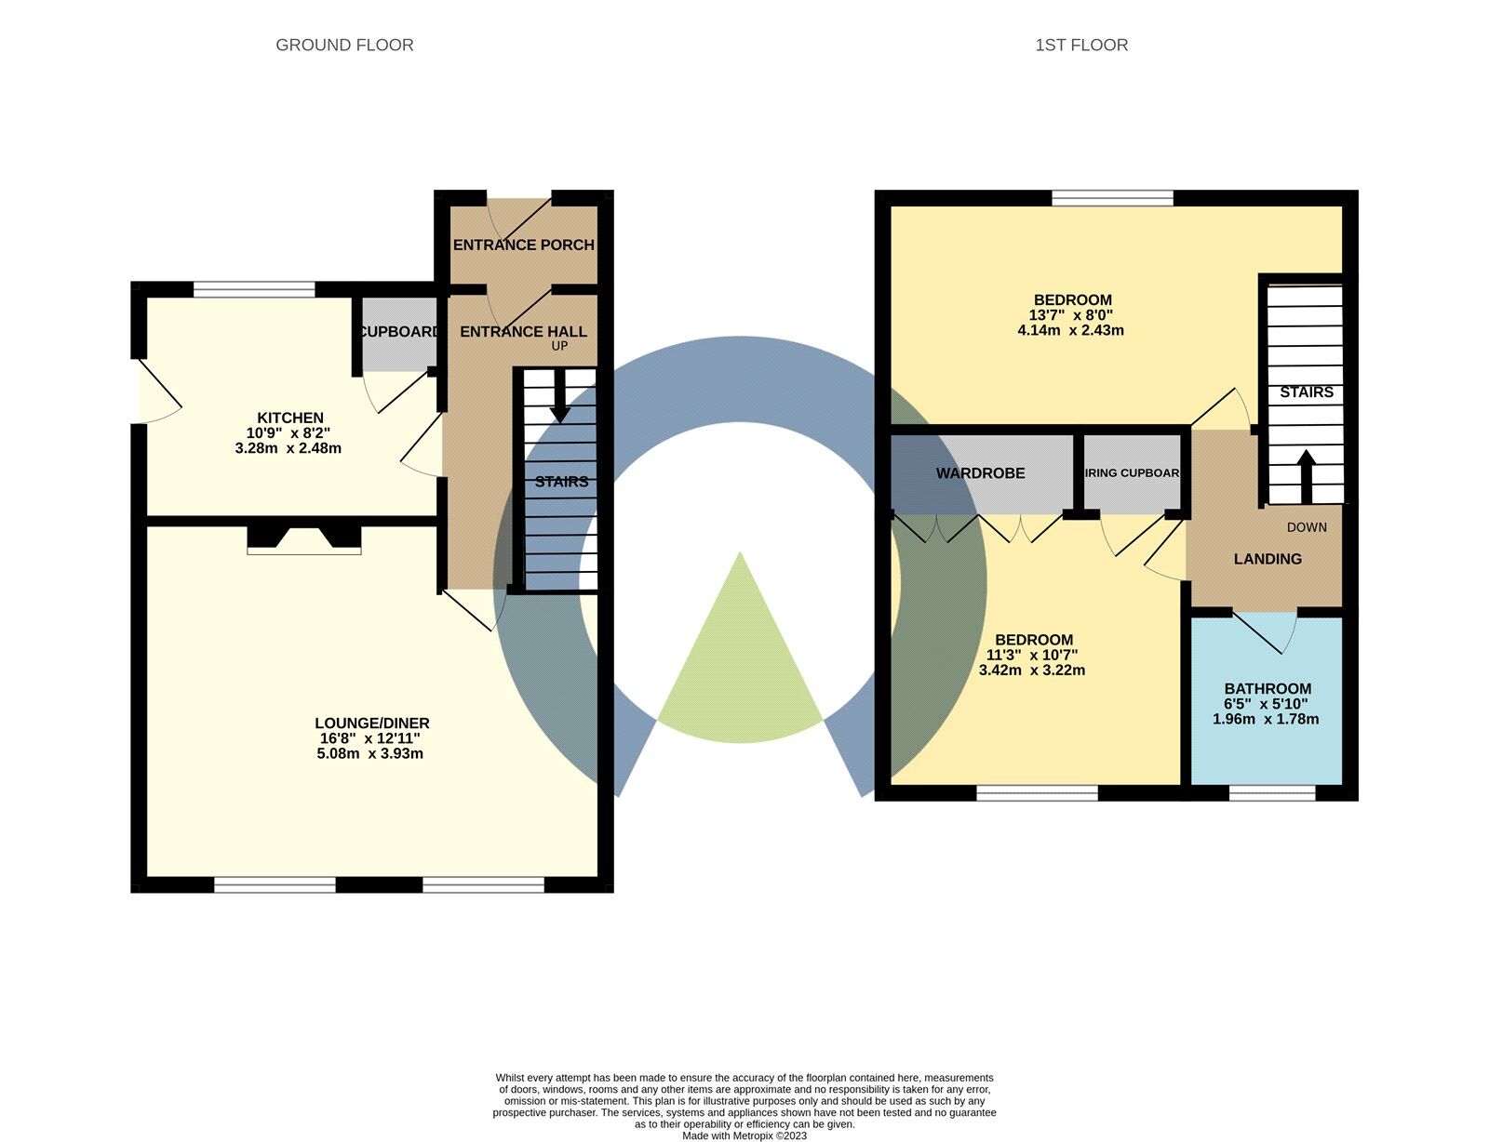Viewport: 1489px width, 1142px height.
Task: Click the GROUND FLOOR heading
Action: tap(344, 45)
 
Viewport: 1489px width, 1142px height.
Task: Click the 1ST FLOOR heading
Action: tap(1081, 45)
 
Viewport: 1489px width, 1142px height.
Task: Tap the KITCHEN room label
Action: tap(290, 418)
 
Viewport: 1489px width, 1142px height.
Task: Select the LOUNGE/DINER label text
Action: tap(372, 724)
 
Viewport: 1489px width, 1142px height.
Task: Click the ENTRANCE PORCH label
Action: tap(523, 245)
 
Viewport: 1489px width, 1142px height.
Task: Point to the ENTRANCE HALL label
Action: tap(523, 331)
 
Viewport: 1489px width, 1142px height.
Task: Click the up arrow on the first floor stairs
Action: tap(1306, 475)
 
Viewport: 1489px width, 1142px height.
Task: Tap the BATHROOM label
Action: tap(1268, 689)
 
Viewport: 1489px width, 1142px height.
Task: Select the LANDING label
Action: tap(1268, 559)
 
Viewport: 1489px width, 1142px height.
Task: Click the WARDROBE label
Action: tap(980, 473)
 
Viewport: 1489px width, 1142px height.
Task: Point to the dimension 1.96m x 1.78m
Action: tap(1266, 719)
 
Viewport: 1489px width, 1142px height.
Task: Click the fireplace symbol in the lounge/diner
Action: tap(304, 540)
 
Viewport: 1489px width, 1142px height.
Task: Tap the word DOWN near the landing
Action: tap(1307, 527)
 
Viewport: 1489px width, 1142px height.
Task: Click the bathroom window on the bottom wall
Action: tap(1272, 792)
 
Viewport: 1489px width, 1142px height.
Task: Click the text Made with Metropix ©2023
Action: tap(744, 1135)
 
